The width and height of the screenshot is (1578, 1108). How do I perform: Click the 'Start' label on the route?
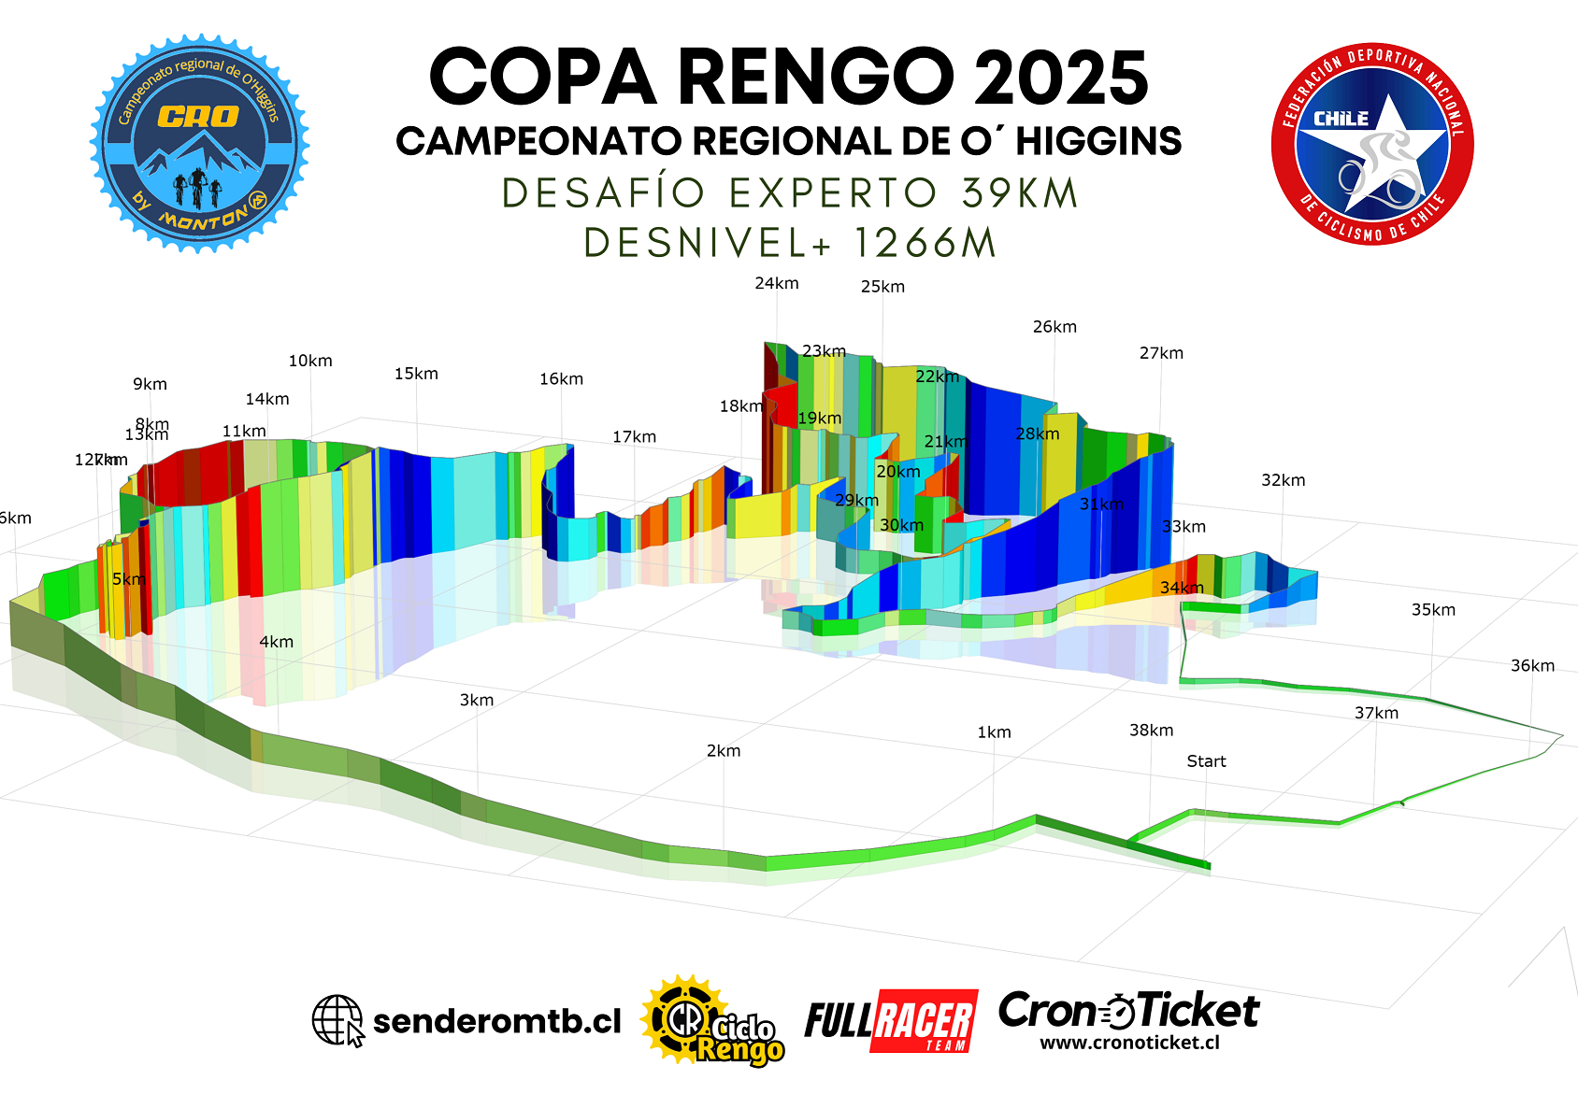coord(1206,761)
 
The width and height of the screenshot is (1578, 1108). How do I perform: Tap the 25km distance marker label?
coord(882,287)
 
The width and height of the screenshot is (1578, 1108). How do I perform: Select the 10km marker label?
coord(310,361)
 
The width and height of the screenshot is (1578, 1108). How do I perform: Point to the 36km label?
coord(1532,666)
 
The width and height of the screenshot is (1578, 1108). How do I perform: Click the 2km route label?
coord(724,751)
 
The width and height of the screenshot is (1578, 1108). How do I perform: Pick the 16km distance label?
coord(561,379)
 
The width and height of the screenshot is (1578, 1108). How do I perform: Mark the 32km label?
coord(1283,480)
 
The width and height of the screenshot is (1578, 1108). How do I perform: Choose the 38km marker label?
coord(1151,731)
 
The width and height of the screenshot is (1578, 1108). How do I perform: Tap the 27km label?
coord(1161,353)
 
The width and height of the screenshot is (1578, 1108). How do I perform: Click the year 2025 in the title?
coord(1060,78)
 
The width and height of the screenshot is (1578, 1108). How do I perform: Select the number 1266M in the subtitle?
coord(925,243)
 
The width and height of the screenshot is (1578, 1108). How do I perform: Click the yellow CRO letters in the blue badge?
coord(198,117)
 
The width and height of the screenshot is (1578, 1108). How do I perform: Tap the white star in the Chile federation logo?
coord(1374,149)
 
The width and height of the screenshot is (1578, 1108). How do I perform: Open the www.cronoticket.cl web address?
coord(1129,1043)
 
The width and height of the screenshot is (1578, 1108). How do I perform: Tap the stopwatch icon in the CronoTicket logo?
coord(1120,1011)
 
